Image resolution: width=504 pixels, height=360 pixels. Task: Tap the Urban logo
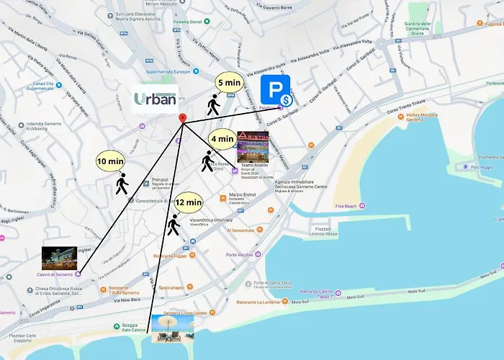click(155, 99)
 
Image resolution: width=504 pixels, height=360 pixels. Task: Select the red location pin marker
click(182, 119)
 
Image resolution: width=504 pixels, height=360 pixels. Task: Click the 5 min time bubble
click(229, 82)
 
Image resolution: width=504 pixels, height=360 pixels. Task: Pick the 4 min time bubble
click(222, 138)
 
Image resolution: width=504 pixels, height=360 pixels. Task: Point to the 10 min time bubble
click(110, 162)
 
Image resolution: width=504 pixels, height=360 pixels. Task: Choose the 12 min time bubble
click(188, 203)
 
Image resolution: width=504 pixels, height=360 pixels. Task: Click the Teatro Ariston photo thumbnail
click(253, 146)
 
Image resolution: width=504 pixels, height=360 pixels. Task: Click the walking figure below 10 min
click(121, 184)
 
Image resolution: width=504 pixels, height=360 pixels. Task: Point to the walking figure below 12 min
click(173, 225)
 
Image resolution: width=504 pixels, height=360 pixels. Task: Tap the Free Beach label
click(346, 206)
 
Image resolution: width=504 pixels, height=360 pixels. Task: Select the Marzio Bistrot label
click(243, 194)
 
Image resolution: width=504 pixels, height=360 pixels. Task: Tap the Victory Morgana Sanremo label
click(423, 117)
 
